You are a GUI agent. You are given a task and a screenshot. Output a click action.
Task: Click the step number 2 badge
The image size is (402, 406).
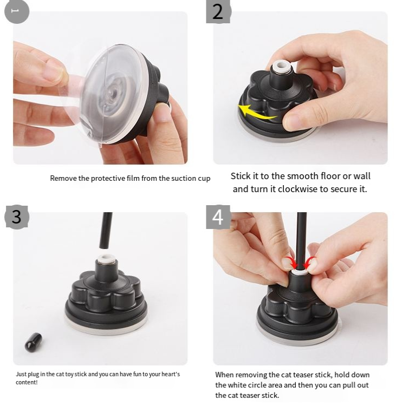pos(218,11)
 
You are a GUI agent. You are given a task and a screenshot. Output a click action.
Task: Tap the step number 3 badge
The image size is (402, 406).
pos(17,217)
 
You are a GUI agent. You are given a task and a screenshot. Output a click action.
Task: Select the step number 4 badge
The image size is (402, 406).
pos(218,217)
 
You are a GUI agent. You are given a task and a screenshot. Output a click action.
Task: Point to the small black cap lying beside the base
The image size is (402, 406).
pos(33,342)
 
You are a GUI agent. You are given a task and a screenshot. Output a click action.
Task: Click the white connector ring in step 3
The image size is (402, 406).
pos(106,258)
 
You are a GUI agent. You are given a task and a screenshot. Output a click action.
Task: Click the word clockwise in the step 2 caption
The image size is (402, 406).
pos(298,189)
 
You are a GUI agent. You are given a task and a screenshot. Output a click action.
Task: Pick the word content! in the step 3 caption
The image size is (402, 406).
pos(27,382)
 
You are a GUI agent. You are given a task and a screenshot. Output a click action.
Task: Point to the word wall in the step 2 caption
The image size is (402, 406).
pos(362,176)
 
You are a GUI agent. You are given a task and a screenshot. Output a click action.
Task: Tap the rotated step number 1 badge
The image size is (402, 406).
pos(17,11)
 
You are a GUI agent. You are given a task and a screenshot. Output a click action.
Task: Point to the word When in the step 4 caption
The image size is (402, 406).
pos(224,375)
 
